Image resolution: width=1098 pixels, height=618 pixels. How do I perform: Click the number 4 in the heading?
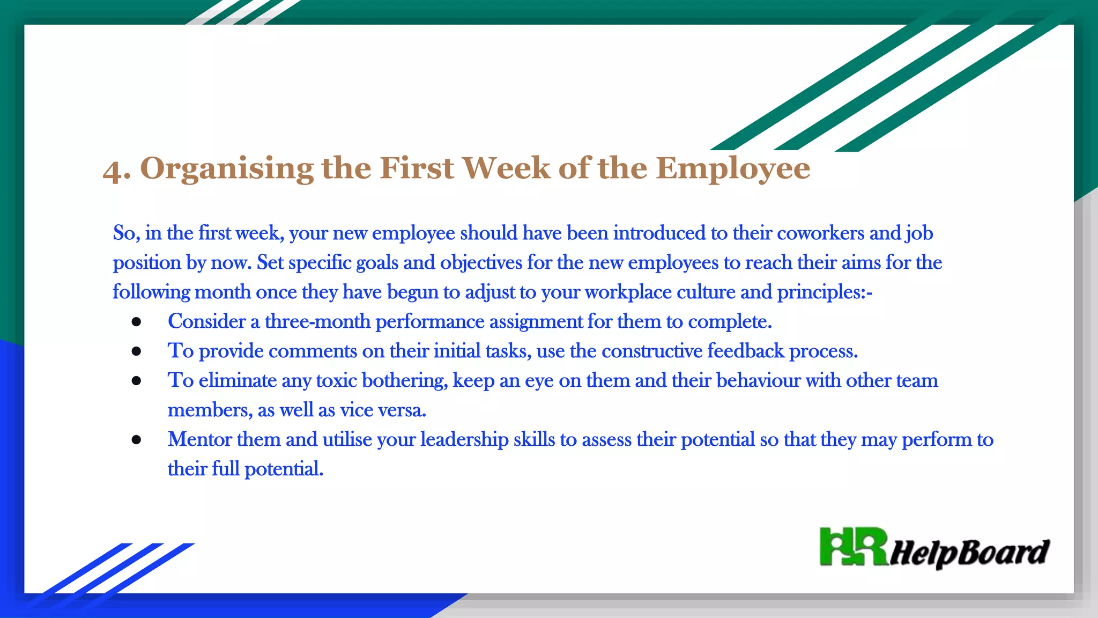[x=113, y=170]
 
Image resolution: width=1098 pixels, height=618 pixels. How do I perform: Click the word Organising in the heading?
[x=227, y=169]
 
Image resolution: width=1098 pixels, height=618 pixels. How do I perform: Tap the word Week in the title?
[x=506, y=168]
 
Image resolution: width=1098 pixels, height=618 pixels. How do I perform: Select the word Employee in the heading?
[x=733, y=169]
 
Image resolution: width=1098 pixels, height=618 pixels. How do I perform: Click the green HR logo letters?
[x=853, y=547]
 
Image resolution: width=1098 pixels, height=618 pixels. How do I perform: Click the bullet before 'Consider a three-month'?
[x=136, y=322]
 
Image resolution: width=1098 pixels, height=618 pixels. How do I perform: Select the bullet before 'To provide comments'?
[x=136, y=351]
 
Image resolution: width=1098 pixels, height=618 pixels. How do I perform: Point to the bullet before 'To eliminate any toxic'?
[x=136, y=381]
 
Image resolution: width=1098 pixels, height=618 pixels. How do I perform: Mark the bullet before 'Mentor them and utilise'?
[x=136, y=440]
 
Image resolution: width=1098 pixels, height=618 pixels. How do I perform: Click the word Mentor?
[x=199, y=439]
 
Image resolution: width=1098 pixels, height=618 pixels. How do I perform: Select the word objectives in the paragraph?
[x=481, y=263]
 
